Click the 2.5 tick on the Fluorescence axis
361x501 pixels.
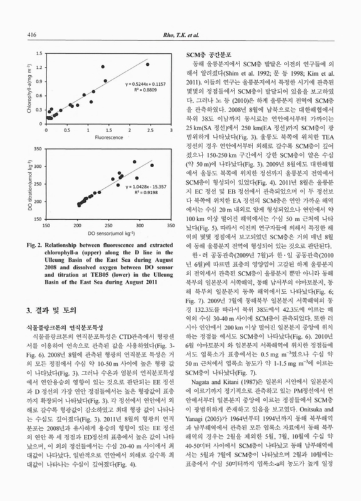click(151, 130)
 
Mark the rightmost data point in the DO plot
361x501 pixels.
click(152, 165)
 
